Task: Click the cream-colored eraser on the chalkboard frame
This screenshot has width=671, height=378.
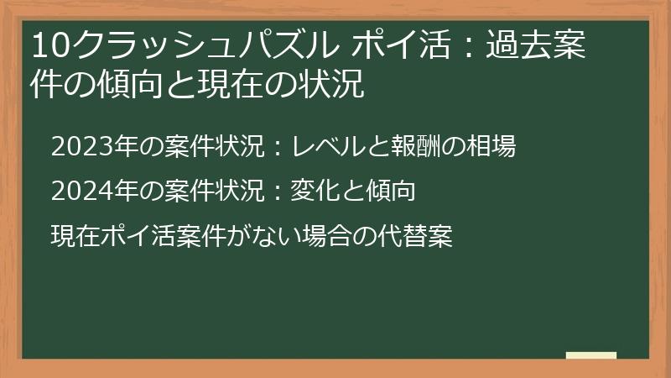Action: pos(591,355)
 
